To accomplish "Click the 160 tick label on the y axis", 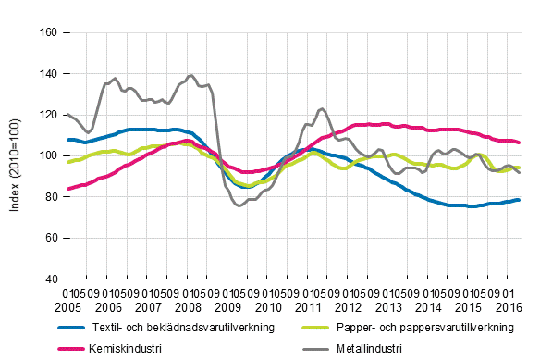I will (48, 32).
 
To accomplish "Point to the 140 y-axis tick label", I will (48, 73).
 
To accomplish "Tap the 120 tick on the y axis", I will (48, 115).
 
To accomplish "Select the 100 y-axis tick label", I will (48, 155).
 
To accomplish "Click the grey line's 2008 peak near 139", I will (190, 75).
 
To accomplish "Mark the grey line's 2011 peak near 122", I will (321, 109).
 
